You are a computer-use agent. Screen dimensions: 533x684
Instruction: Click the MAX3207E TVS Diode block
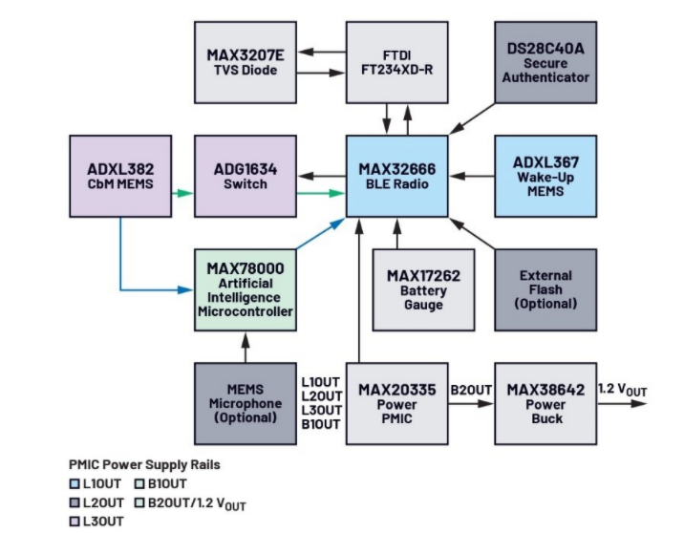(x=245, y=62)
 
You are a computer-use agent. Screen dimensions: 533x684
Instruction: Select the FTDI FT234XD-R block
(x=396, y=62)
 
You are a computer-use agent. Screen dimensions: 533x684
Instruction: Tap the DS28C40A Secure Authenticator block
(x=545, y=62)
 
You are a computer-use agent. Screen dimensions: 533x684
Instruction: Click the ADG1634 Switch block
(x=245, y=176)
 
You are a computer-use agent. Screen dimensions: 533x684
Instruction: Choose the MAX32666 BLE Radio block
(x=396, y=176)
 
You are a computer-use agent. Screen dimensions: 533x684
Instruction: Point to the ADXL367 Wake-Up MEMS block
(x=545, y=176)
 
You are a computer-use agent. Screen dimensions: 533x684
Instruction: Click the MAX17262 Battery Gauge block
(x=423, y=289)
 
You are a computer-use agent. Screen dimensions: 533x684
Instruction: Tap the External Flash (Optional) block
(x=545, y=289)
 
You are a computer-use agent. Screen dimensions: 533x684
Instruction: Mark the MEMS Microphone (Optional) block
(x=245, y=403)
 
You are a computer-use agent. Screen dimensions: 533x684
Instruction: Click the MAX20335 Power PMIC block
(x=396, y=403)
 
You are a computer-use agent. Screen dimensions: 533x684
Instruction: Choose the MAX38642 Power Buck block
(x=545, y=403)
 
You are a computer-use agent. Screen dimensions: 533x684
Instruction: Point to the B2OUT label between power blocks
(x=471, y=389)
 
